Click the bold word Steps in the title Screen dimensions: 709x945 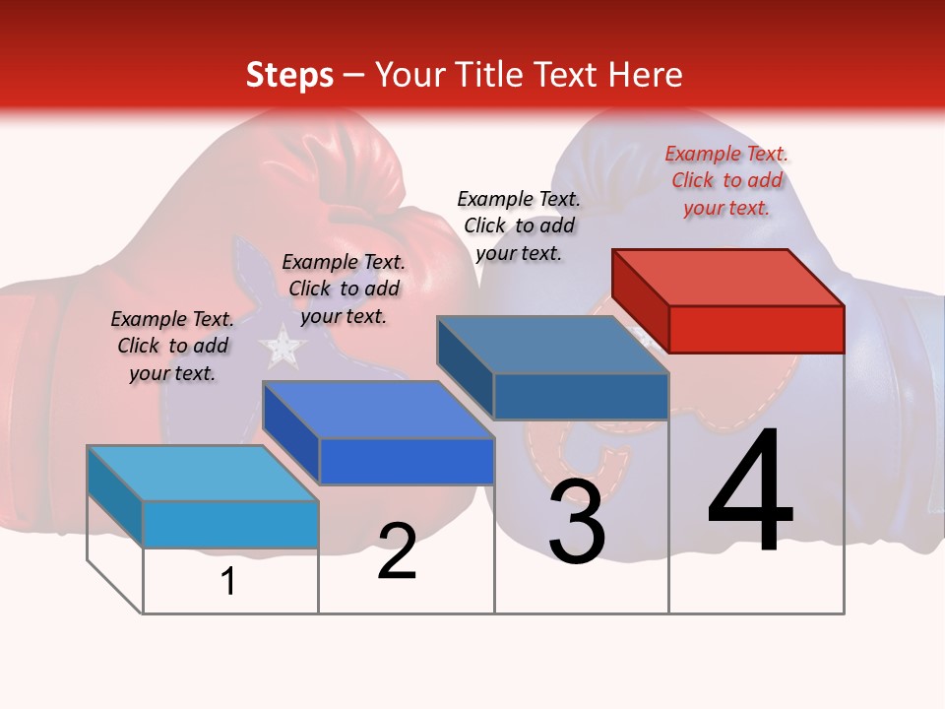[x=289, y=75]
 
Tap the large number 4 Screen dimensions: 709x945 [x=750, y=492]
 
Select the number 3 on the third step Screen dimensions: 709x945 [x=577, y=522]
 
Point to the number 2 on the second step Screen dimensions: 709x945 [x=397, y=551]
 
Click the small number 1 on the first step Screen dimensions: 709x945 [x=228, y=582]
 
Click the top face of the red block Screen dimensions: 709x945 [x=728, y=277]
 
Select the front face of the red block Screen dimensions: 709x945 [x=756, y=329]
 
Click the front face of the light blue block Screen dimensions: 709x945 [x=230, y=524]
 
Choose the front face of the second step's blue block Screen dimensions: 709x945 [x=407, y=461]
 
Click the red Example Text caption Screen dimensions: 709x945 [x=726, y=180]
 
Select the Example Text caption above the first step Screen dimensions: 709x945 [x=172, y=346]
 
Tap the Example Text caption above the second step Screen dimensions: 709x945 [x=344, y=289]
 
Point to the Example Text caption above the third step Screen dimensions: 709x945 [x=519, y=226]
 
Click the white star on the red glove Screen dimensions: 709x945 [x=283, y=345]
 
